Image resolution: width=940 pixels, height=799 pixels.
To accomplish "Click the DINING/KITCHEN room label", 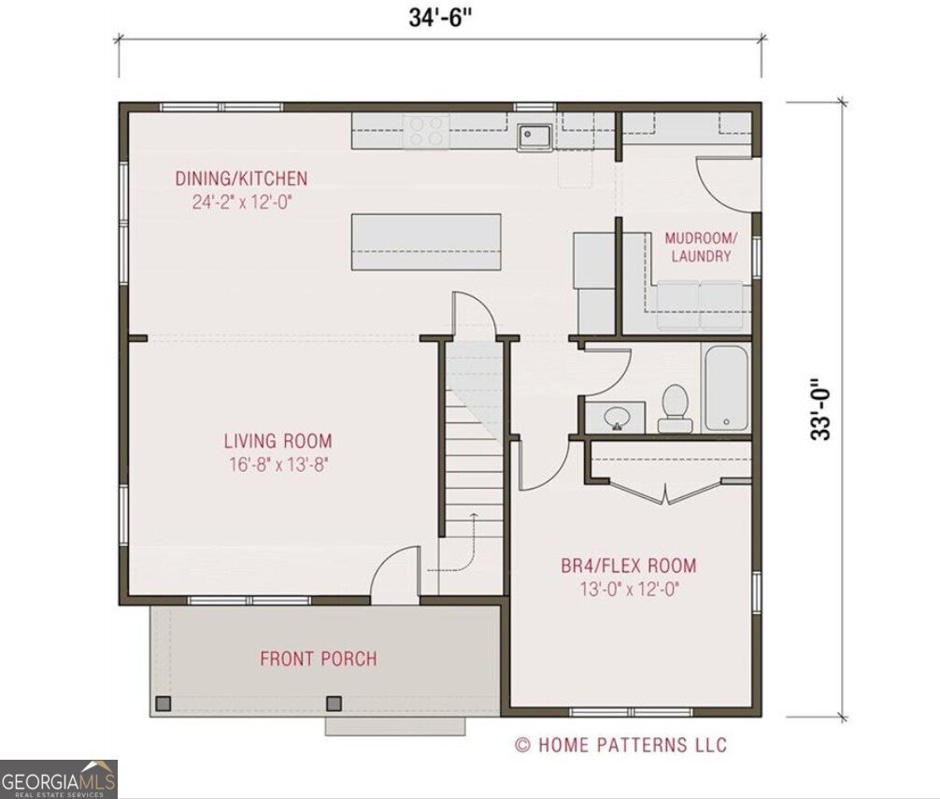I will pyautogui.click(x=241, y=178).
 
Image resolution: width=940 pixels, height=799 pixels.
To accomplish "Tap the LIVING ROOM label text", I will pyautogui.click(x=278, y=441).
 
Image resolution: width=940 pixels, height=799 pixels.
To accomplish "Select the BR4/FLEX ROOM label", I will pyautogui.click(x=628, y=565).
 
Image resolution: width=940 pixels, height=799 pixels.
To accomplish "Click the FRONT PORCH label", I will pyautogui.click(x=319, y=659).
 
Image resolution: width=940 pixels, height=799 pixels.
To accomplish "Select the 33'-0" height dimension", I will pyautogui.click(x=820, y=408).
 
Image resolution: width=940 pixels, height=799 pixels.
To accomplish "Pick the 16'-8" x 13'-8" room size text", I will pyautogui.click(x=278, y=464).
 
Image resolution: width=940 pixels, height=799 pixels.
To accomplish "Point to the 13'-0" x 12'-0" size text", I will pyautogui.click(x=628, y=589).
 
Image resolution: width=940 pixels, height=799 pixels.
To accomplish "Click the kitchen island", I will pyautogui.click(x=425, y=242).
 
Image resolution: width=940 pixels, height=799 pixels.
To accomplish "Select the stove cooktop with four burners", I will pyautogui.click(x=426, y=131).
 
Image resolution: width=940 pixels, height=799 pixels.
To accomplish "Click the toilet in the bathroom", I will pyautogui.click(x=675, y=409).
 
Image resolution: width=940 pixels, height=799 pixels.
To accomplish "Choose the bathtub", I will pyautogui.click(x=726, y=388).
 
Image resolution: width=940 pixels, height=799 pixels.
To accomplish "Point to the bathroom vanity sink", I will pyautogui.click(x=615, y=416).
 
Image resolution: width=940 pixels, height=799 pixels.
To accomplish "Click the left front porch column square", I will pyautogui.click(x=164, y=703).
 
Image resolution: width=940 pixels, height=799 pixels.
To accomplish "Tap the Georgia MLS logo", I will pyautogui.click(x=58, y=779).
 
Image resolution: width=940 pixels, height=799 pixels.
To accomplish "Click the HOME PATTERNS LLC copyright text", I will pyautogui.click(x=620, y=745).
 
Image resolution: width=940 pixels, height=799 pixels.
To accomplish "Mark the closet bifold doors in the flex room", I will pyautogui.click(x=665, y=492).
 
